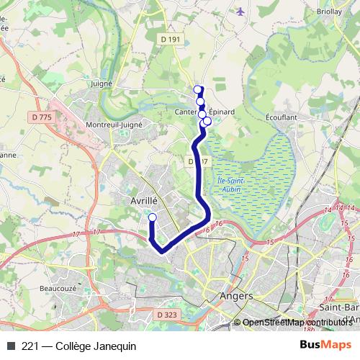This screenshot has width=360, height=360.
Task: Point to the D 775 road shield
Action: [43, 117]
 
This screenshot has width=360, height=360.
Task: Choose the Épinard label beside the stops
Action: [222, 112]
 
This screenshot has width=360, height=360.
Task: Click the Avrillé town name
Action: [144, 202]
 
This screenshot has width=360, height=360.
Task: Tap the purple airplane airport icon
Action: [240, 12]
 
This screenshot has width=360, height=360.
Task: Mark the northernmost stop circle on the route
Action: [198, 90]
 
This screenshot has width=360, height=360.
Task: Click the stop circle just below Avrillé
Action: [152, 217]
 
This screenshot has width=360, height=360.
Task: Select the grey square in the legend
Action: [11, 346]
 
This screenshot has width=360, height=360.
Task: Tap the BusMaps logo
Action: [325, 345]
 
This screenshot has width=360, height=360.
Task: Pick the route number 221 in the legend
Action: [30, 346]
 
